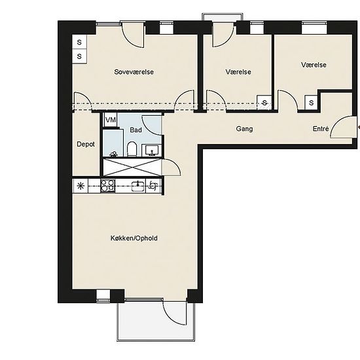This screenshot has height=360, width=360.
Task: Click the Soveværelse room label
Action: point(134,72)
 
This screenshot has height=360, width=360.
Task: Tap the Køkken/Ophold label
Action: point(134,238)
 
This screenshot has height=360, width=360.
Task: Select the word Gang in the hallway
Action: point(244,129)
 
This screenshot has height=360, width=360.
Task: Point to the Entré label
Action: point(321,128)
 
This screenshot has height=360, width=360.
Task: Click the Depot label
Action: point(86,144)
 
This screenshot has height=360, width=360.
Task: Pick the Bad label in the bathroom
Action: point(135,130)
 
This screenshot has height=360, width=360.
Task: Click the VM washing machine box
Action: point(111,120)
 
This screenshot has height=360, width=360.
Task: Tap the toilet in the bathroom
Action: point(132,149)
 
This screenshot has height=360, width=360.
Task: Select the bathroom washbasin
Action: point(152,151)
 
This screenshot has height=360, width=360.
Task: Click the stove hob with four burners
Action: point(108,186)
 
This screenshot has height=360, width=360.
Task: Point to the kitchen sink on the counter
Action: point(139,186)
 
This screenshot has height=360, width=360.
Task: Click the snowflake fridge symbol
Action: point(81,186)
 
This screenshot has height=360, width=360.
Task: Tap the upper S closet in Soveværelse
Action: point(79,42)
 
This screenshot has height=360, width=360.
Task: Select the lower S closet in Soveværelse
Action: point(79,56)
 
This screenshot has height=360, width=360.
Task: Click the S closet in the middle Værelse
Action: point(264,103)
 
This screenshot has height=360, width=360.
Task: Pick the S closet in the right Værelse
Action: point(312,102)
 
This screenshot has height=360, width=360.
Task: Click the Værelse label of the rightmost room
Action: point(314,65)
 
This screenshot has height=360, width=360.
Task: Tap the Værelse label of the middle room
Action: point(238,72)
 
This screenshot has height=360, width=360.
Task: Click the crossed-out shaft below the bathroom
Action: point(132,167)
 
